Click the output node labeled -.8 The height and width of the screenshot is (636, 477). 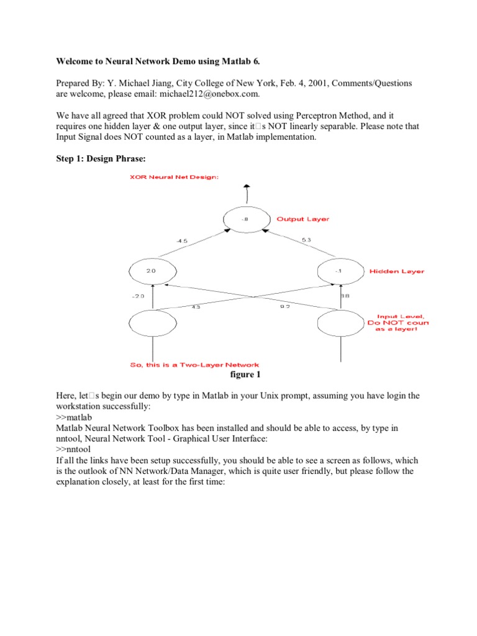click(247, 219)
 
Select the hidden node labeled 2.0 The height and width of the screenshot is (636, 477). click(152, 271)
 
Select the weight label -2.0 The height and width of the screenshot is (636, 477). click(138, 296)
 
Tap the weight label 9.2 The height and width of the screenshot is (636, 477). click(286, 306)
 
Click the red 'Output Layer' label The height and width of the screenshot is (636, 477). click(303, 219)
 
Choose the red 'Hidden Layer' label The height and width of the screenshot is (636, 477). click(398, 271)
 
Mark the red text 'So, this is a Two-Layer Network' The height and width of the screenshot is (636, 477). click(194, 365)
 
